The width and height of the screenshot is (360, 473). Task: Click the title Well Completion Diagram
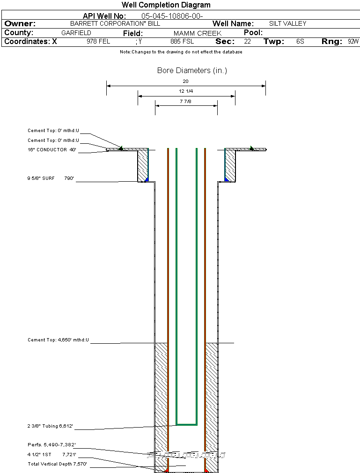click(166, 5)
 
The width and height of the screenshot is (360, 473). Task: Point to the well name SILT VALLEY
click(287, 23)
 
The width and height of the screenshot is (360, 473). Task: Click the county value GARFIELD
click(76, 33)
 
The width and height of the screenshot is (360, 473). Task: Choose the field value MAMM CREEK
click(197, 34)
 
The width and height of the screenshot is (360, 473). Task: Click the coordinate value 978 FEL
click(98, 42)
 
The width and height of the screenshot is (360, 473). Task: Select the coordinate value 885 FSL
click(182, 42)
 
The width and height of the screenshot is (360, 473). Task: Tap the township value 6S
click(300, 42)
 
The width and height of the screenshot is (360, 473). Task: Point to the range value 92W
click(353, 42)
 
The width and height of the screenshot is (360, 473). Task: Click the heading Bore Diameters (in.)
click(192, 71)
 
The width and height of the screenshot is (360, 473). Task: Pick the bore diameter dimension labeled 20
click(185, 81)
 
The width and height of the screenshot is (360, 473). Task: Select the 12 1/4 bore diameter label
click(186, 91)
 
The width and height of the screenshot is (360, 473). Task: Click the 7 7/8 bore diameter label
click(186, 101)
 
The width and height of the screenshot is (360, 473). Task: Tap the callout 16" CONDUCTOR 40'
click(52, 150)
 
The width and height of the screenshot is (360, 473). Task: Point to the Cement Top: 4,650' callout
click(58, 340)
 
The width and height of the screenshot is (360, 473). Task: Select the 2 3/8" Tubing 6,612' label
click(50, 427)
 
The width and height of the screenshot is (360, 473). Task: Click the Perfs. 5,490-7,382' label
click(51, 445)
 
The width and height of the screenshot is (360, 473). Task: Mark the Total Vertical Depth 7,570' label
click(57, 464)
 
